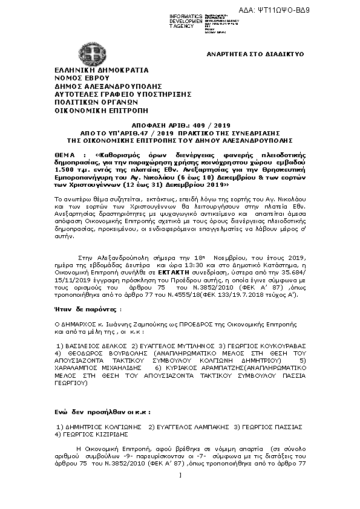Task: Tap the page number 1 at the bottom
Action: [180, 491]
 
